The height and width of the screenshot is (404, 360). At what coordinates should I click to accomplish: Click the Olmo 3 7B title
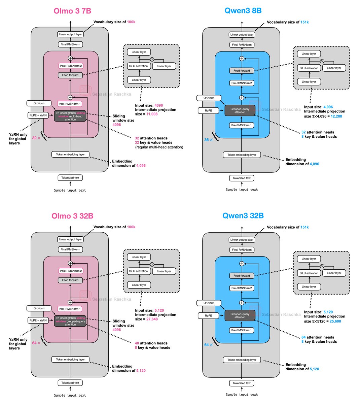(x=72, y=11)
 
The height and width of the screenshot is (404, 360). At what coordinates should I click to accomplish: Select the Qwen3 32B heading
(x=243, y=216)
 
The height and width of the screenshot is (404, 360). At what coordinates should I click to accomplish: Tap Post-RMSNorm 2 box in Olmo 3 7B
(x=71, y=66)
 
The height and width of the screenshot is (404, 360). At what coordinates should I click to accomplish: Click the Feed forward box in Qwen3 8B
(x=242, y=71)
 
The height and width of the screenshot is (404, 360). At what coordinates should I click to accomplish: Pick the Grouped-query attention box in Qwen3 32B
(x=240, y=315)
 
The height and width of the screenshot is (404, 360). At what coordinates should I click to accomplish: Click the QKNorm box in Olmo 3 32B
(x=39, y=308)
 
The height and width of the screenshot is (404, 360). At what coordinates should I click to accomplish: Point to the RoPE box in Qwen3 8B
(x=209, y=110)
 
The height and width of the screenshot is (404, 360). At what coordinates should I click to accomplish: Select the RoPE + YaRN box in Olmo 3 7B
(x=38, y=115)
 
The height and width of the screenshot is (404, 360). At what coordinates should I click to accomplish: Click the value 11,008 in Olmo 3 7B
(x=152, y=114)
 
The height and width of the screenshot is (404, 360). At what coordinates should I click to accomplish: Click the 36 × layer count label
(x=209, y=139)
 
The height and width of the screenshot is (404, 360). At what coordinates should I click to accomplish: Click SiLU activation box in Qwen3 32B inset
(x=309, y=273)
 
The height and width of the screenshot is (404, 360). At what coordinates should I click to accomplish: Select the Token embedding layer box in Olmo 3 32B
(x=70, y=360)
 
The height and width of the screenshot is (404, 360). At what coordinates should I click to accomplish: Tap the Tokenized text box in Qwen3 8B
(x=242, y=178)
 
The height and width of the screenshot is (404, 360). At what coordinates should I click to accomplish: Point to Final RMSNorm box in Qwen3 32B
(x=242, y=250)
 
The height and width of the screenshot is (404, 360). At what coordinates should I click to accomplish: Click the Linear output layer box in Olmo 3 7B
(x=70, y=34)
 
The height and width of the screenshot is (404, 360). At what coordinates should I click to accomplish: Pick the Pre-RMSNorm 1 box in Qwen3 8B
(x=242, y=125)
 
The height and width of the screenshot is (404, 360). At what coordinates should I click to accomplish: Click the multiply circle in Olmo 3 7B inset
(x=152, y=59)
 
